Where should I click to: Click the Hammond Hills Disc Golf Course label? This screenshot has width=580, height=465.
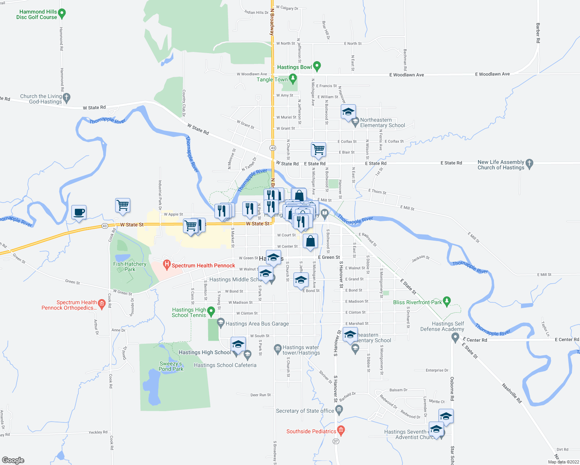[37, 14]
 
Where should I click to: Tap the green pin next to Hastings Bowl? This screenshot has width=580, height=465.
[317, 67]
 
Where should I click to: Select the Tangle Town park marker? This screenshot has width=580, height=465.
[293, 79]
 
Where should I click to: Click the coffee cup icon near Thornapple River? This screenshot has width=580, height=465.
[79, 212]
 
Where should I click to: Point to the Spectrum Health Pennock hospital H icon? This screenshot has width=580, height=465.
[167, 265]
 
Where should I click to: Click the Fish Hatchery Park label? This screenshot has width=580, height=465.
[129, 267]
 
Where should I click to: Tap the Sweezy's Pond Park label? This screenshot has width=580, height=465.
[171, 366]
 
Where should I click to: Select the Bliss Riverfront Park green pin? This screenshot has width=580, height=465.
[447, 301]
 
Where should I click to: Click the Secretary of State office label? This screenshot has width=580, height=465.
[305, 411]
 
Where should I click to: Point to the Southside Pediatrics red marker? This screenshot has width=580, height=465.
[341, 430]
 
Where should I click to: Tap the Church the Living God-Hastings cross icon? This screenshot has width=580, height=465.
[67, 98]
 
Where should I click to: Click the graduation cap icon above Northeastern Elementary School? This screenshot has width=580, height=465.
[348, 112]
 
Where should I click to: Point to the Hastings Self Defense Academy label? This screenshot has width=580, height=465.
[442, 326]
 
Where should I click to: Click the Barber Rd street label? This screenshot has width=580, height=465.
[538, 33]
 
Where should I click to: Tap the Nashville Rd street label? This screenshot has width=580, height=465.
[511, 393]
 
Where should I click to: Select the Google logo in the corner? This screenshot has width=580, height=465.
[13, 460]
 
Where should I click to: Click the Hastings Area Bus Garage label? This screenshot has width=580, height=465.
[257, 324]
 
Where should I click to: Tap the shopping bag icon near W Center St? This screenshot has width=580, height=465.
[311, 241]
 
